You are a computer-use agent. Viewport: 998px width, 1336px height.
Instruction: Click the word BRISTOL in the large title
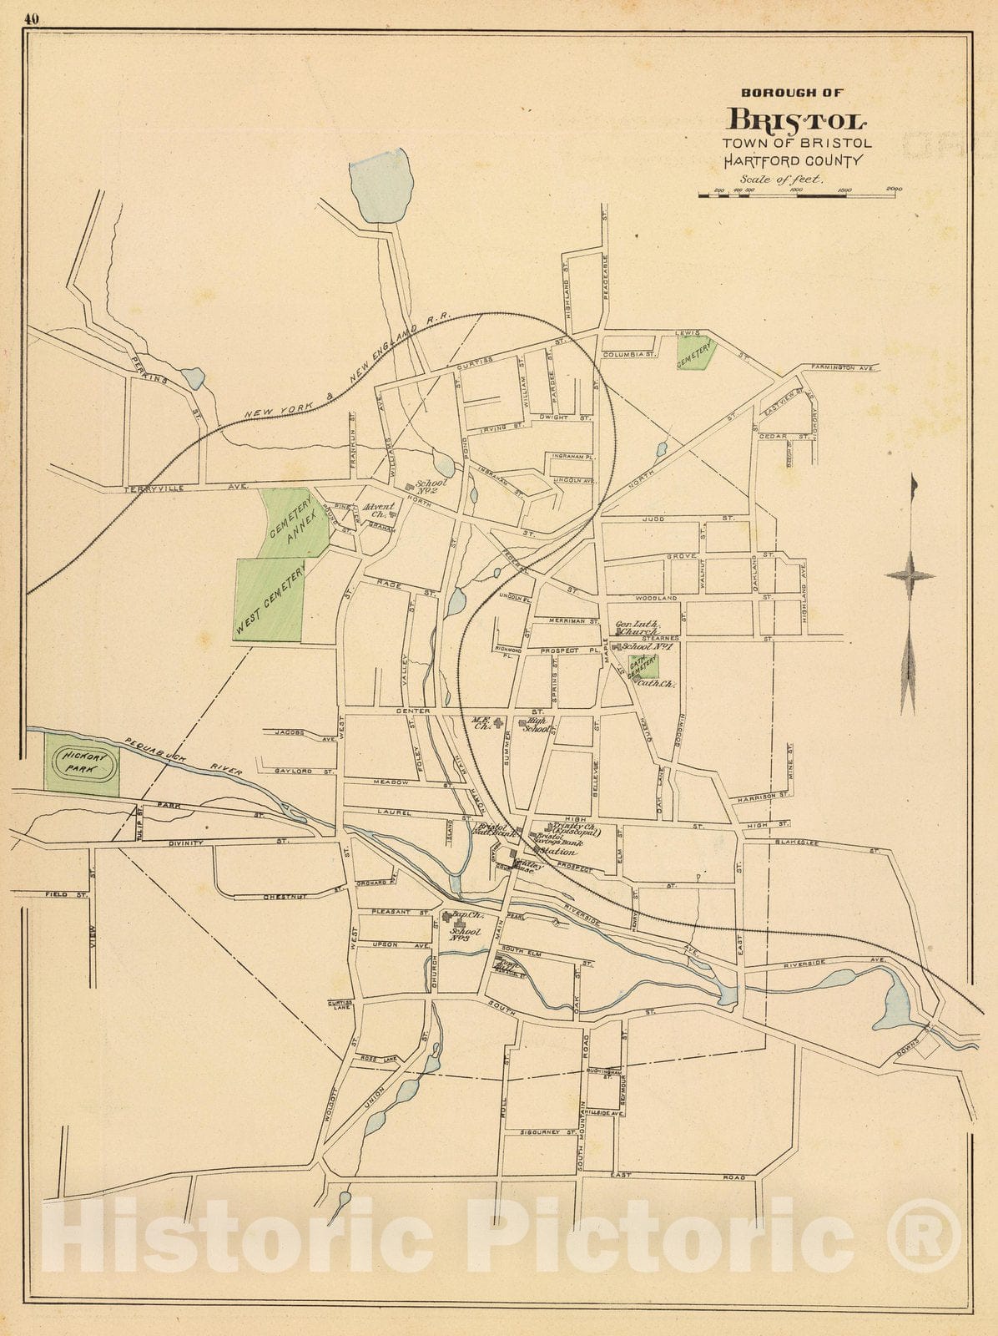[x=798, y=120]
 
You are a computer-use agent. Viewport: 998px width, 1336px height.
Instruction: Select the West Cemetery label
[x=270, y=600]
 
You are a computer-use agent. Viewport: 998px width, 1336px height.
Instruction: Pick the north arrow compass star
[x=910, y=574]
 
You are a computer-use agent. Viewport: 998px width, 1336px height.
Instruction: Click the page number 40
[x=33, y=20]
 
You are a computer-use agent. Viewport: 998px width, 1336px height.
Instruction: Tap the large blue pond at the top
[x=381, y=185]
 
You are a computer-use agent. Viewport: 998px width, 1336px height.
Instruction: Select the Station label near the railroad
[x=557, y=852]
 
